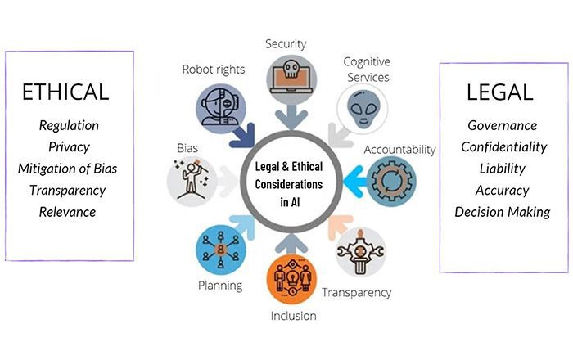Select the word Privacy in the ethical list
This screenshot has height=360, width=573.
69,146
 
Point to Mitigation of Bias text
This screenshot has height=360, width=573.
69,169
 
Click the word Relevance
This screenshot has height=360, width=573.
69,212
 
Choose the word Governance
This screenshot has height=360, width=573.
502,125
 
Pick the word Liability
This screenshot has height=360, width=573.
502,169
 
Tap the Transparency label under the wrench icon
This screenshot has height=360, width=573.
355,292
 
